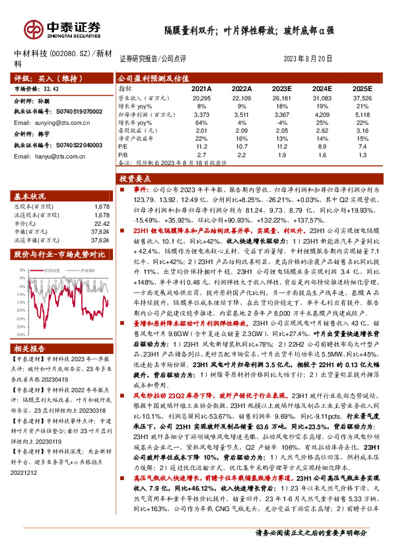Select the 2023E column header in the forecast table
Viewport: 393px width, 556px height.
coord(282,88)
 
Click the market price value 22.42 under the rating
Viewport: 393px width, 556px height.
coord(51,87)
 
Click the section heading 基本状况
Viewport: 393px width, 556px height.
coord(30,197)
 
